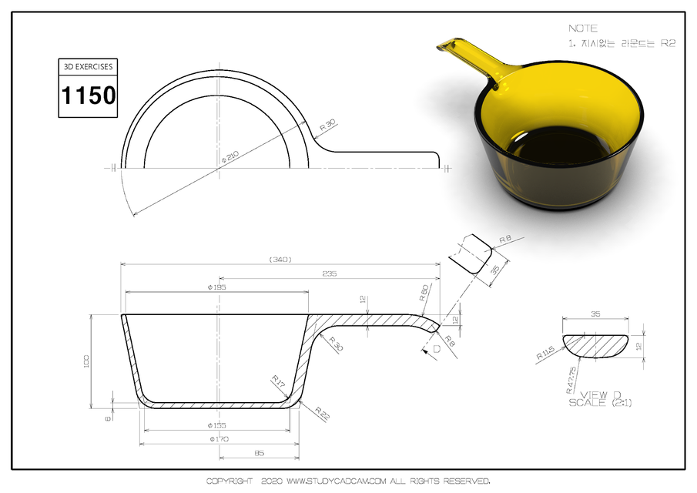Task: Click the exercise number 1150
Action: click(x=89, y=96)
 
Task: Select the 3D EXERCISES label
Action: click(x=89, y=67)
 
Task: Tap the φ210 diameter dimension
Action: click(x=230, y=156)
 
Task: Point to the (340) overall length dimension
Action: click(x=280, y=260)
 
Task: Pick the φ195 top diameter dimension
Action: click(x=216, y=287)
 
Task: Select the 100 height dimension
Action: click(x=87, y=360)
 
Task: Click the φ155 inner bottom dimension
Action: click(x=216, y=425)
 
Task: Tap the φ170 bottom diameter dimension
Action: click(x=216, y=439)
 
